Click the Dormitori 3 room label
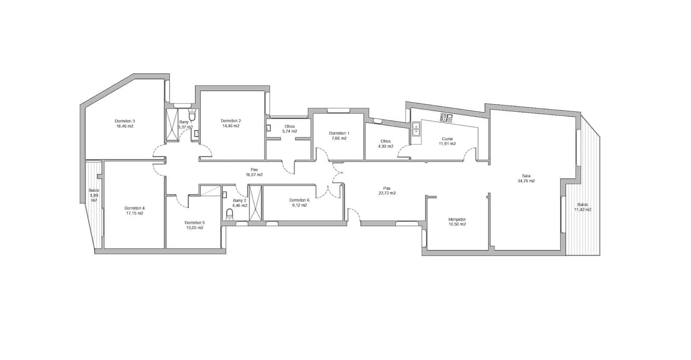[125, 121]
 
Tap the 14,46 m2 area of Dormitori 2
[231, 126]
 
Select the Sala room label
[526, 176]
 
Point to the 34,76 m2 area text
[526, 181]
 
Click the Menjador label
[457, 219]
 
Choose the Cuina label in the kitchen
[447, 139]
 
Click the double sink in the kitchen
[416, 129]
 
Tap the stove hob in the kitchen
[446, 117]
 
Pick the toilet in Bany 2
[229, 214]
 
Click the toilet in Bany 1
[193, 115]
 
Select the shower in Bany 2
[255, 203]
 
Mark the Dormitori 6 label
[299, 200]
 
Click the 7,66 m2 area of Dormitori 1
[339, 138]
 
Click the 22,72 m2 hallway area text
[387, 193]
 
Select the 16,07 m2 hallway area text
[254, 175]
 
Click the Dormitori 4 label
[134, 208]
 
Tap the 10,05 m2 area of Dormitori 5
[194, 228]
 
